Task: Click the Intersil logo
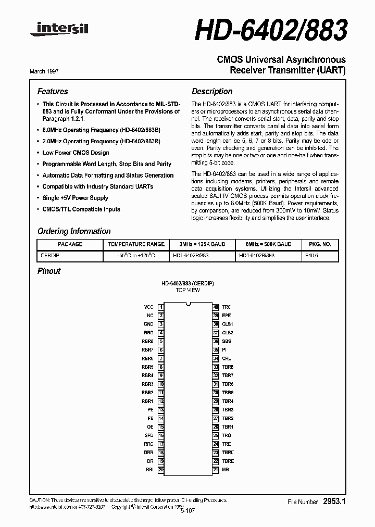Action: (x=59, y=30)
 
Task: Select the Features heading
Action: (x=53, y=91)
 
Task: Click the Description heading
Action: (x=212, y=91)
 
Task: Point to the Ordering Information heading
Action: (x=74, y=231)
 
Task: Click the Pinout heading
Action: (x=49, y=271)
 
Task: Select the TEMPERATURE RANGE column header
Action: (x=136, y=244)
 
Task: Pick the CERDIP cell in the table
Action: (x=51, y=256)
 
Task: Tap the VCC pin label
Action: (x=148, y=307)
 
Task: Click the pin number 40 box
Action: (x=215, y=307)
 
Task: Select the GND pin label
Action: (x=148, y=324)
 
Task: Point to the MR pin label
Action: (x=226, y=470)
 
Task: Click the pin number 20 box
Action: (x=161, y=470)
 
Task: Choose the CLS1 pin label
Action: (x=228, y=324)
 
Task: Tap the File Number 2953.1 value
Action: (x=334, y=501)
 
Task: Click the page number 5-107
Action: (x=187, y=511)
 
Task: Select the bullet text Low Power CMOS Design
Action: (x=76, y=153)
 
